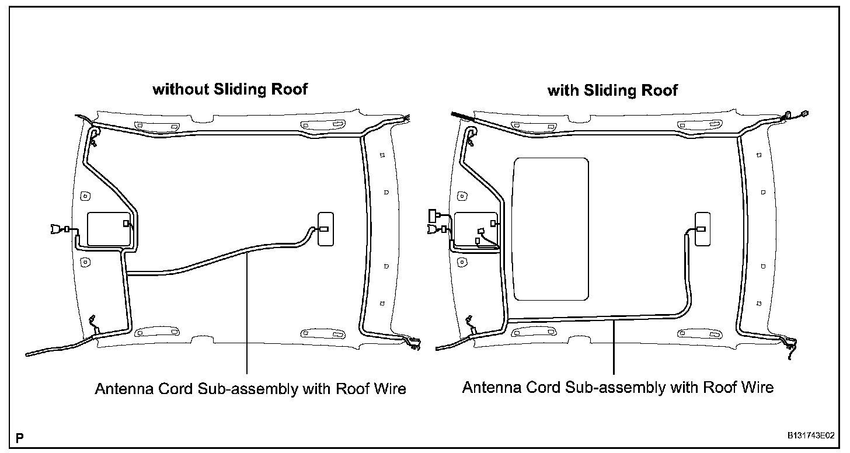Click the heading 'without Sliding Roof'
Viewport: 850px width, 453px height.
coord(229,89)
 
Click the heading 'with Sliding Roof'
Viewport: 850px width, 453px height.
coord(612,90)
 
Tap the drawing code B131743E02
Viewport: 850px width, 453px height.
coord(810,435)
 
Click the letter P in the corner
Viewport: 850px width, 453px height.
coord(20,437)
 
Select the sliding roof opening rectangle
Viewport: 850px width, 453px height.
coord(550,228)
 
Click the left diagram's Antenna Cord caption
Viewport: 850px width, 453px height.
coord(250,389)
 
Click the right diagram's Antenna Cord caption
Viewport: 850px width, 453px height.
coord(618,387)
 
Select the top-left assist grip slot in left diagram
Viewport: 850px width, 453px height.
coord(142,125)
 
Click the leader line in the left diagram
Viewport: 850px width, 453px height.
coord(248,315)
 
